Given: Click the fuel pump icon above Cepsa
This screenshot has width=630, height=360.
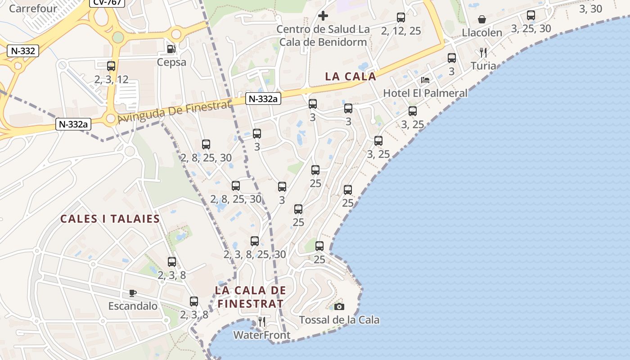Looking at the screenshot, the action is click(171, 48).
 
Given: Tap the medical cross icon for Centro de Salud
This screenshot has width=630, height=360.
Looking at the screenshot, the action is click(323, 16).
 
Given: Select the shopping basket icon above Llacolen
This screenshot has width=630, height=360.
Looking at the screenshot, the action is click(482, 19).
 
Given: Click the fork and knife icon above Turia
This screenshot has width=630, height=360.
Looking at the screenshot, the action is click(483, 53).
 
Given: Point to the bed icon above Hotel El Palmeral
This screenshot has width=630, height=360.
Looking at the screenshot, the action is click(425, 80).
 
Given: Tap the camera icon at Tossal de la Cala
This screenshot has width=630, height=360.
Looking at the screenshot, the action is click(339, 306).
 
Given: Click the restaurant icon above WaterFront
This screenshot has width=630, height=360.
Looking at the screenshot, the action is click(261, 322).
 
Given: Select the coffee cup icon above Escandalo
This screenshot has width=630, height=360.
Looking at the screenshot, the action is click(133, 293).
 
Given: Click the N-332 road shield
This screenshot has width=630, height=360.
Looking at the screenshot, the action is click(23, 51).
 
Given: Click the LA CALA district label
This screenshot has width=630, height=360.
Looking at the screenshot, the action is click(350, 76).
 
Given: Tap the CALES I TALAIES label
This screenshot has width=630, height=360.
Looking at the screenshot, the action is click(110, 219).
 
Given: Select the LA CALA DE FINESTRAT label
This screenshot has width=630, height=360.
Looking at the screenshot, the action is click(250, 297).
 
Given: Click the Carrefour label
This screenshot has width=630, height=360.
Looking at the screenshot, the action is click(33, 8).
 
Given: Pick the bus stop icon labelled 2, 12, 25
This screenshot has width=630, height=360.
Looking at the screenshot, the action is click(401, 18).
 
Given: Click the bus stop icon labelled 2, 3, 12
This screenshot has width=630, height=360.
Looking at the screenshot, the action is click(111, 66).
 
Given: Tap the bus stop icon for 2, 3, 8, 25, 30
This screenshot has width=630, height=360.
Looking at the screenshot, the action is click(255, 241).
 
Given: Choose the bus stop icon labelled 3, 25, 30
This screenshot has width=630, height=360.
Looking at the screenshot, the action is click(531, 15).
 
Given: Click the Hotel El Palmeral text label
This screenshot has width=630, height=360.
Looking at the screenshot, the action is click(425, 93).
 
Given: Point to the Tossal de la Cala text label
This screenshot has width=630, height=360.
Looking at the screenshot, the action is click(339, 320).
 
